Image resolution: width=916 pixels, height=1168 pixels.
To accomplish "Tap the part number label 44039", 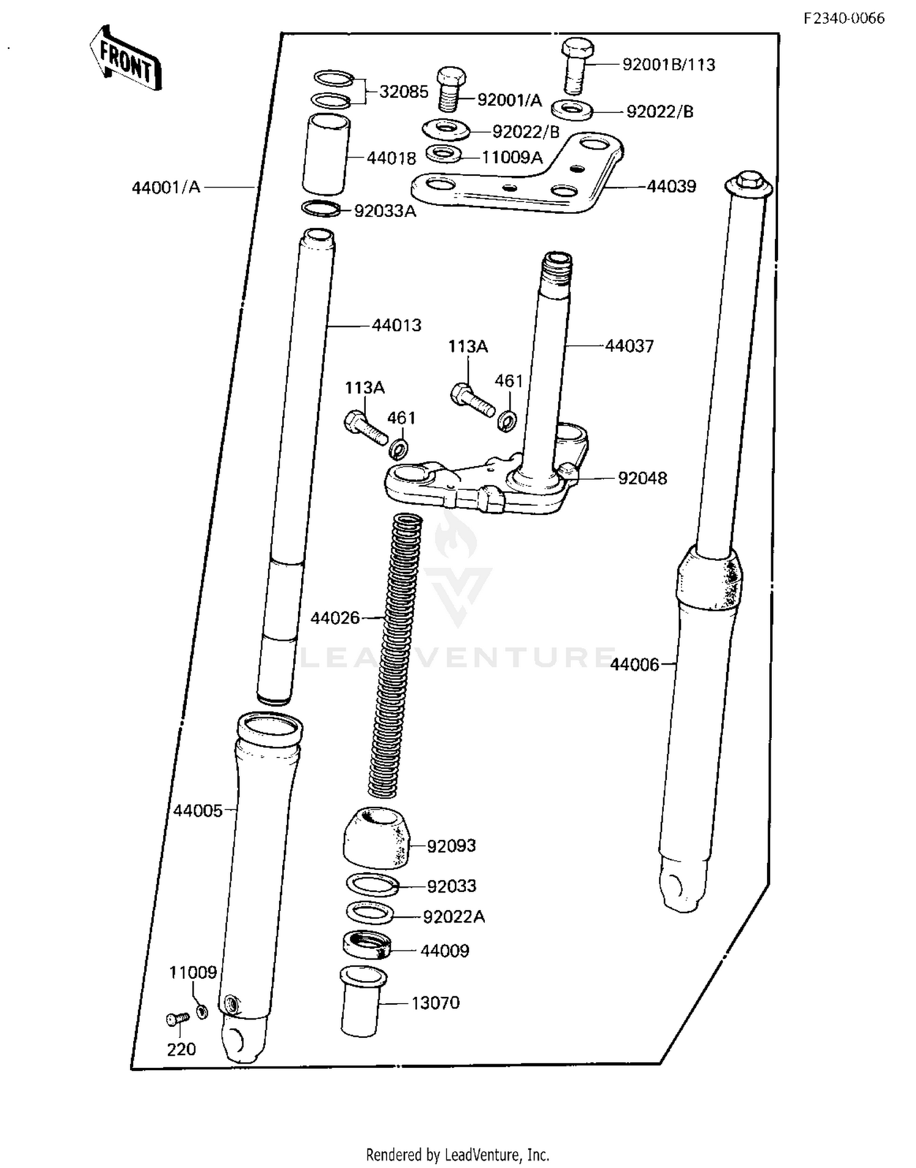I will (671, 186).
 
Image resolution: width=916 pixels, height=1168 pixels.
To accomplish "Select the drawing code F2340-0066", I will (843, 18).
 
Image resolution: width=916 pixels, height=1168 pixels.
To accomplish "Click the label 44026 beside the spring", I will (335, 618).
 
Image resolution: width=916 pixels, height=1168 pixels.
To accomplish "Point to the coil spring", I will (394, 654).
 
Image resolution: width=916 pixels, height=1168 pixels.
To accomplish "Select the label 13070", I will (435, 1003).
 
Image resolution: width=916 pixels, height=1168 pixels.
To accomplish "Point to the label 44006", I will (634, 664).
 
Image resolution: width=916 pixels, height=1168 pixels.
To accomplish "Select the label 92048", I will (642, 478).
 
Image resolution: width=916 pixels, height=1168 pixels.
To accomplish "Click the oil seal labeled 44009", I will (366, 944).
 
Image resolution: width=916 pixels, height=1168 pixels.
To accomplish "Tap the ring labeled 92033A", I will (321, 208).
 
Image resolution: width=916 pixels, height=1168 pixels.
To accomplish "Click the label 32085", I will (403, 92).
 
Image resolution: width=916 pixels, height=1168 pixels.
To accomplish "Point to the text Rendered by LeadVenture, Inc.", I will (457, 1155).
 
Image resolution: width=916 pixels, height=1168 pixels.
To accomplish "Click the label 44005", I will (197, 811).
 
